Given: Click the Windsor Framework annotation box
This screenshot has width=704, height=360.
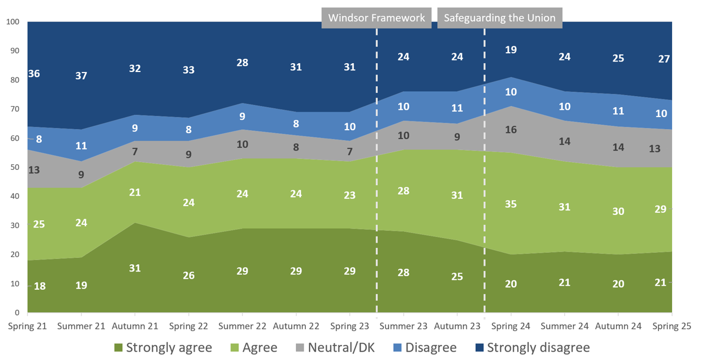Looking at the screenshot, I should coord(376,18).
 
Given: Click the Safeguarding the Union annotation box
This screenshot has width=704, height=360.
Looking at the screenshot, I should coord(499,18).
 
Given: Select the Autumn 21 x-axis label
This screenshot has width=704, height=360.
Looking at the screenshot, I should coord(135,326).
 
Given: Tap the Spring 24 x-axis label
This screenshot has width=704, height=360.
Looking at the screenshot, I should coord(511,326).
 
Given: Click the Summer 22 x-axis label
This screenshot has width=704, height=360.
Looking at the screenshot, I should coord(242,326).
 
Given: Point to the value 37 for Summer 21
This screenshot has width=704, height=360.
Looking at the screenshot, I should coord(81,76).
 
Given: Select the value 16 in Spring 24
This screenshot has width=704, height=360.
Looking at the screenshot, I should coord(511,130).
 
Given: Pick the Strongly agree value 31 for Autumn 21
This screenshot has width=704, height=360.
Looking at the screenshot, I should coord(135,268).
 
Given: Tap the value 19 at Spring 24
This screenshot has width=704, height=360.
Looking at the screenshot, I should coord(511,50).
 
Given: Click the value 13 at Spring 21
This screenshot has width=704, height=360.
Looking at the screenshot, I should coord(34,170).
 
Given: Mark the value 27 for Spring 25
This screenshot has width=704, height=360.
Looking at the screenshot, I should coord(664,59).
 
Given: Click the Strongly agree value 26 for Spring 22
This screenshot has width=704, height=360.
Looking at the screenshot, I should coord(189,275).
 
